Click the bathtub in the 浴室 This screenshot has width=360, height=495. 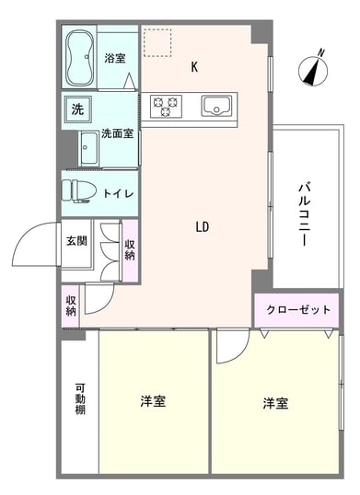(80, 57)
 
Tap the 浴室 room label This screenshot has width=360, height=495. (115, 58)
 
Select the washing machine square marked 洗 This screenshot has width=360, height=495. (77, 109)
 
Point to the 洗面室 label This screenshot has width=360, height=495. (117, 133)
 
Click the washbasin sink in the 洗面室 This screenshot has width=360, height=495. (88, 148)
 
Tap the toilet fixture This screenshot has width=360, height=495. (79, 191)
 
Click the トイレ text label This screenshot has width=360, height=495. (119, 193)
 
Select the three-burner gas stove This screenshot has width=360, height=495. (166, 106)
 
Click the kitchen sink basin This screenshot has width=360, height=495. (216, 106)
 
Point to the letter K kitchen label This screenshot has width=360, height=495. (194, 67)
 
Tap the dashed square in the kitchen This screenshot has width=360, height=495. (157, 43)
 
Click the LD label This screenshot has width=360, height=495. (203, 226)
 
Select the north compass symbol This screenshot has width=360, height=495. (313, 69)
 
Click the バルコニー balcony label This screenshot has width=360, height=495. (304, 215)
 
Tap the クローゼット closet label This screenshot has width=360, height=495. (297, 310)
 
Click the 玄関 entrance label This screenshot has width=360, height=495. (76, 241)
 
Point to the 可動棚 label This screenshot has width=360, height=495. (80, 398)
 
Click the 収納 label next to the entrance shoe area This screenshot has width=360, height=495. (130, 249)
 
